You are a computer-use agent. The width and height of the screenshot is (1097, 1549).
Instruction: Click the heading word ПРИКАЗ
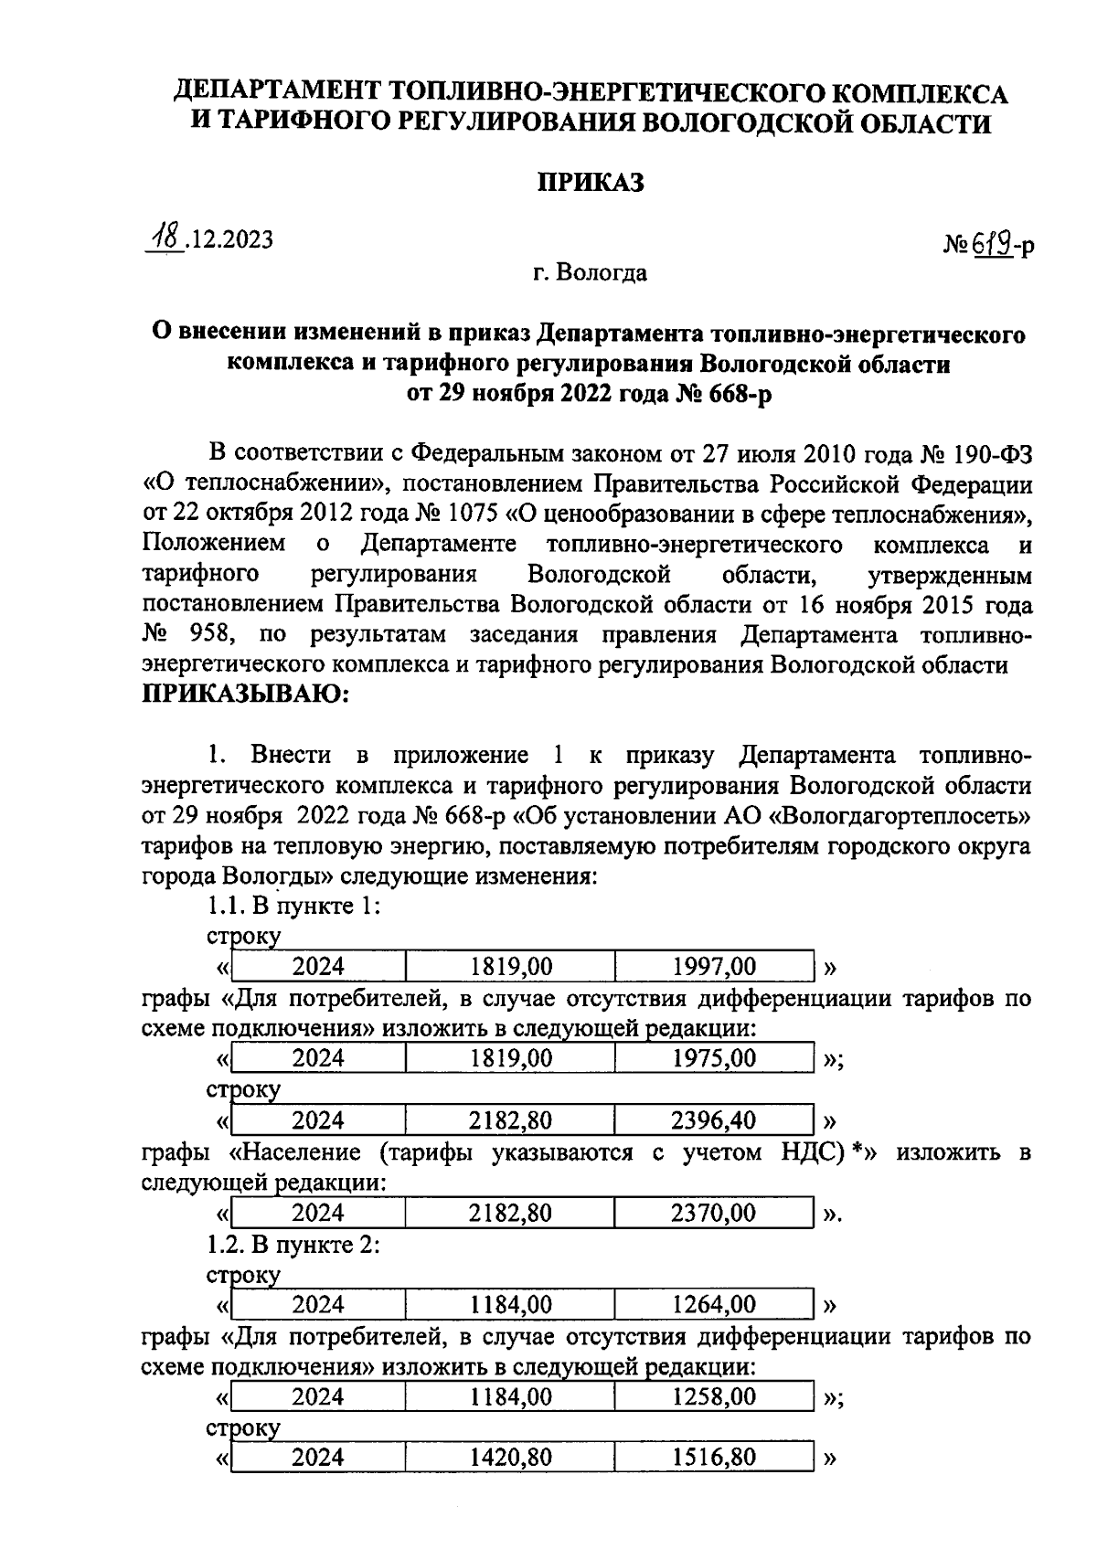(589, 182)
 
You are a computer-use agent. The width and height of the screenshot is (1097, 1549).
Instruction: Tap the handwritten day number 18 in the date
(166, 239)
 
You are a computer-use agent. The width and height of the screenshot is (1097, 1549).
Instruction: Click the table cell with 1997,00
(714, 966)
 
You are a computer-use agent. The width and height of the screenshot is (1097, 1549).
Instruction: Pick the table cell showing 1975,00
(714, 1058)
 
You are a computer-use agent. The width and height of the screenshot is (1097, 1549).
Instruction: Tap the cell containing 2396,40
(714, 1120)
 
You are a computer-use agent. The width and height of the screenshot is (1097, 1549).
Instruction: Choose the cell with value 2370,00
(714, 1213)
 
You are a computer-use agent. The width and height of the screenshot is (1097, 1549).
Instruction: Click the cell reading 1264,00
(714, 1304)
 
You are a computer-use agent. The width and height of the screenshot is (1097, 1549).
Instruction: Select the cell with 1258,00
(714, 1396)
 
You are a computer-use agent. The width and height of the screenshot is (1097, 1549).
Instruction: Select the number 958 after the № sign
(208, 635)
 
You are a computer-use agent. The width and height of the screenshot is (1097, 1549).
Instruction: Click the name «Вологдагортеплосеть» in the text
(900, 814)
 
